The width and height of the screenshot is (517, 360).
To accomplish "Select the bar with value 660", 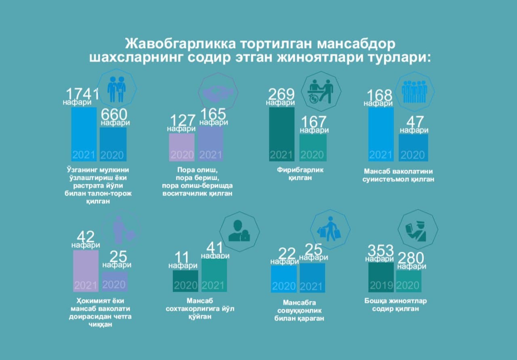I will click(x=113, y=144).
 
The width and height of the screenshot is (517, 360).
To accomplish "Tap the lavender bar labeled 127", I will click(x=182, y=147).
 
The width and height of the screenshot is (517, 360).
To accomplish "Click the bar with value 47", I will click(x=413, y=147).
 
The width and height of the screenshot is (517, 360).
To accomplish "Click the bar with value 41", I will click(x=214, y=275).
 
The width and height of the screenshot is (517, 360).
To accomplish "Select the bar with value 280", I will click(x=408, y=281).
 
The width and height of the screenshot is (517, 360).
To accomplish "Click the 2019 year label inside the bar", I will click(x=380, y=285).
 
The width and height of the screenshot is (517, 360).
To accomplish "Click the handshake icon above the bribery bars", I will click(x=218, y=93).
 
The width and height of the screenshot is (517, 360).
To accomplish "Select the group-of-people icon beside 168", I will click(x=414, y=91).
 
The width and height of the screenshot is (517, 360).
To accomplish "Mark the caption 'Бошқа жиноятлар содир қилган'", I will click(x=395, y=305).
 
